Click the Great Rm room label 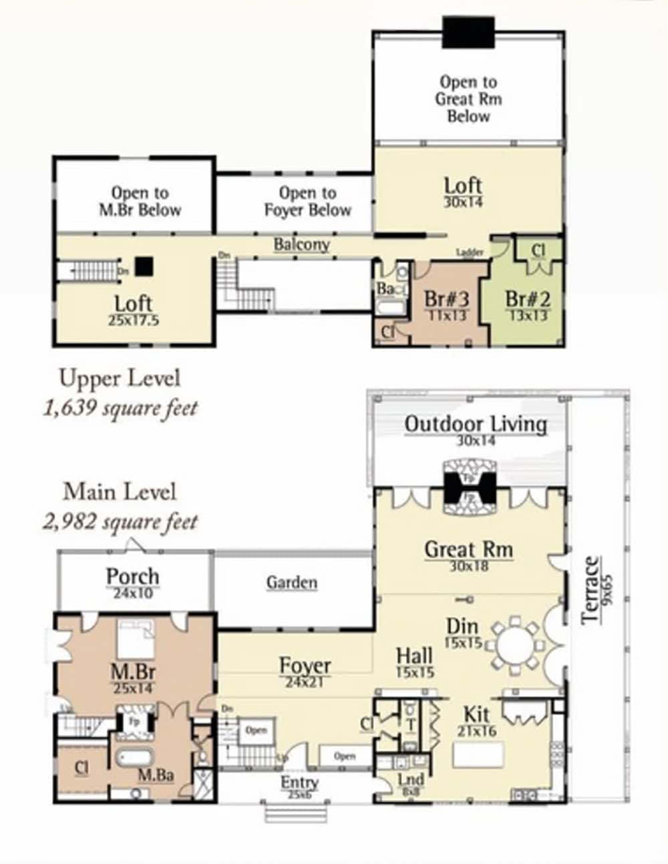click(x=468, y=550)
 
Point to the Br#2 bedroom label click(x=527, y=299)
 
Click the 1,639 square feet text click(x=120, y=407)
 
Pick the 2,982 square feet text click(x=120, y=521)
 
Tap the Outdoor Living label click(x=475, y=424)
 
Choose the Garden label click(x=292, y=582)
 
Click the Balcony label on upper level click(x=301, y=244)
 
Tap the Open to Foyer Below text click(x=307, y=202)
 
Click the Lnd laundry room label click(x=410, y=780)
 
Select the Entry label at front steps click(x=299, y=783)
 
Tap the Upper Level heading click(x=120, y=378)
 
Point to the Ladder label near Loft click(x=470, y=252)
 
